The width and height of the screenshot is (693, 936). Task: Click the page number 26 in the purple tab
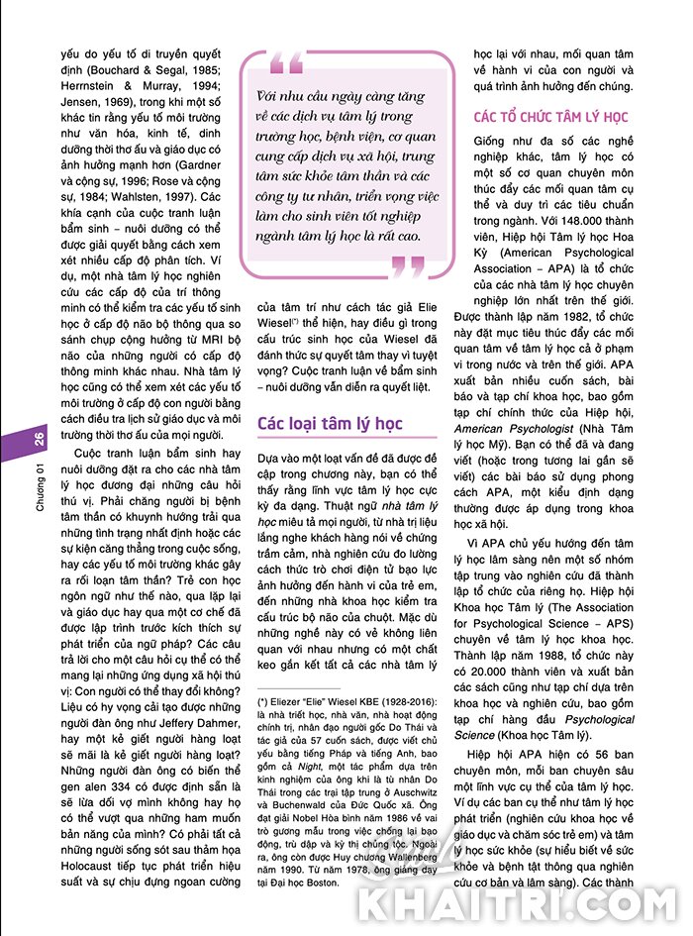point(38,439)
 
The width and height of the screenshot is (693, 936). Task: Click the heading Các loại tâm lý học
point(330,424)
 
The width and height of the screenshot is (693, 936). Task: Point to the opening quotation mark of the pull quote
point(285,65)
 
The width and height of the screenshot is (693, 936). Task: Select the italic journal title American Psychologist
point(513,428)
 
